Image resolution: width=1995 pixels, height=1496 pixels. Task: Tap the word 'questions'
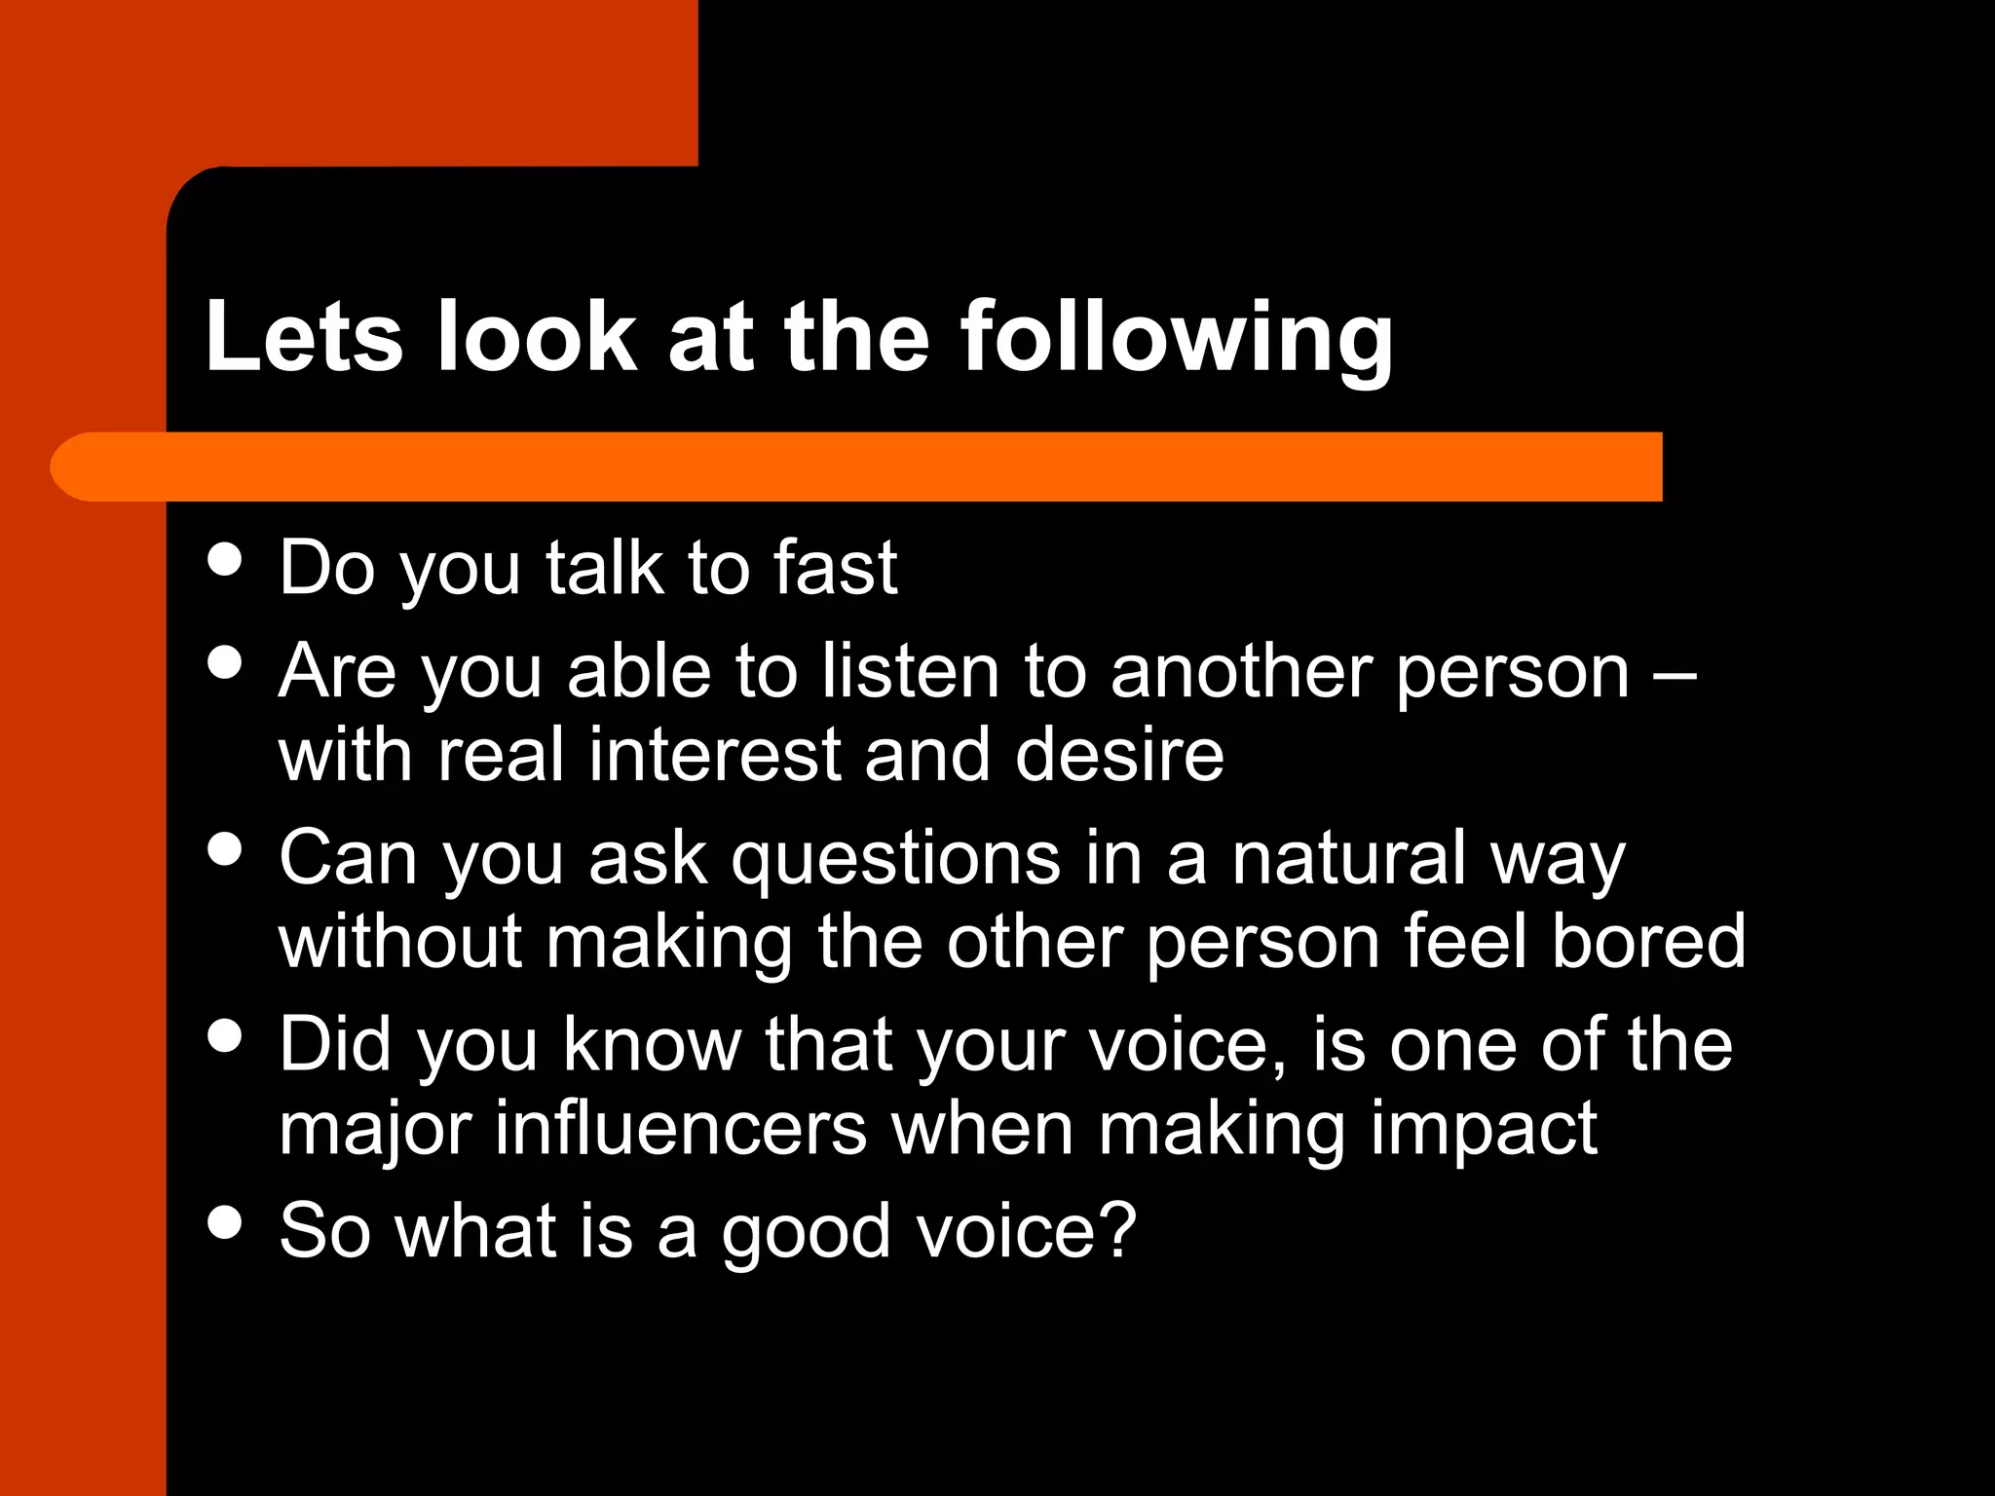point(895,859)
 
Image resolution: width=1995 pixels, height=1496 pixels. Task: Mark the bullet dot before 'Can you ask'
point(225,848)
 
